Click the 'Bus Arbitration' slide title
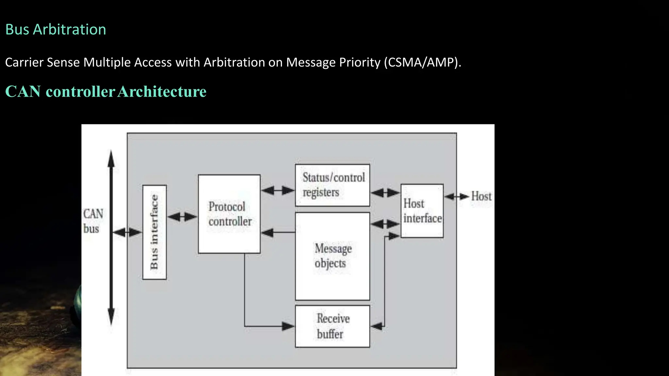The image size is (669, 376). tap(56, 30)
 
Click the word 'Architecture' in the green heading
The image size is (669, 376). tap(162, 91)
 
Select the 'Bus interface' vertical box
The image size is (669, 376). tap(155, 232)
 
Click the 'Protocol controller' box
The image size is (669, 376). tap(229, 214)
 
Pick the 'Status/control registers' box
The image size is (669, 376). tap(333, 185)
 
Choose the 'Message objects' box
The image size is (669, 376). tap(333, 256)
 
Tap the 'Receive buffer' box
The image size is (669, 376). tap(333, 326)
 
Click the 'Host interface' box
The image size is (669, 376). tap(422, 211)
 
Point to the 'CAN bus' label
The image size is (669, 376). tap(93, 221)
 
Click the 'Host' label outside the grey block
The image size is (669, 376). tap(481, 196)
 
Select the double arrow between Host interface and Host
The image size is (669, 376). tap(457, 196)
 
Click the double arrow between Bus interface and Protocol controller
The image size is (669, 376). tap(182, 216)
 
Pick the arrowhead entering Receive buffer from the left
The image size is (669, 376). tap(288, 326)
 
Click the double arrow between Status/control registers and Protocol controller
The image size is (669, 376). tap(278, 190)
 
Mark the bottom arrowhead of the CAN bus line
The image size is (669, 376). tap(111, 317)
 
